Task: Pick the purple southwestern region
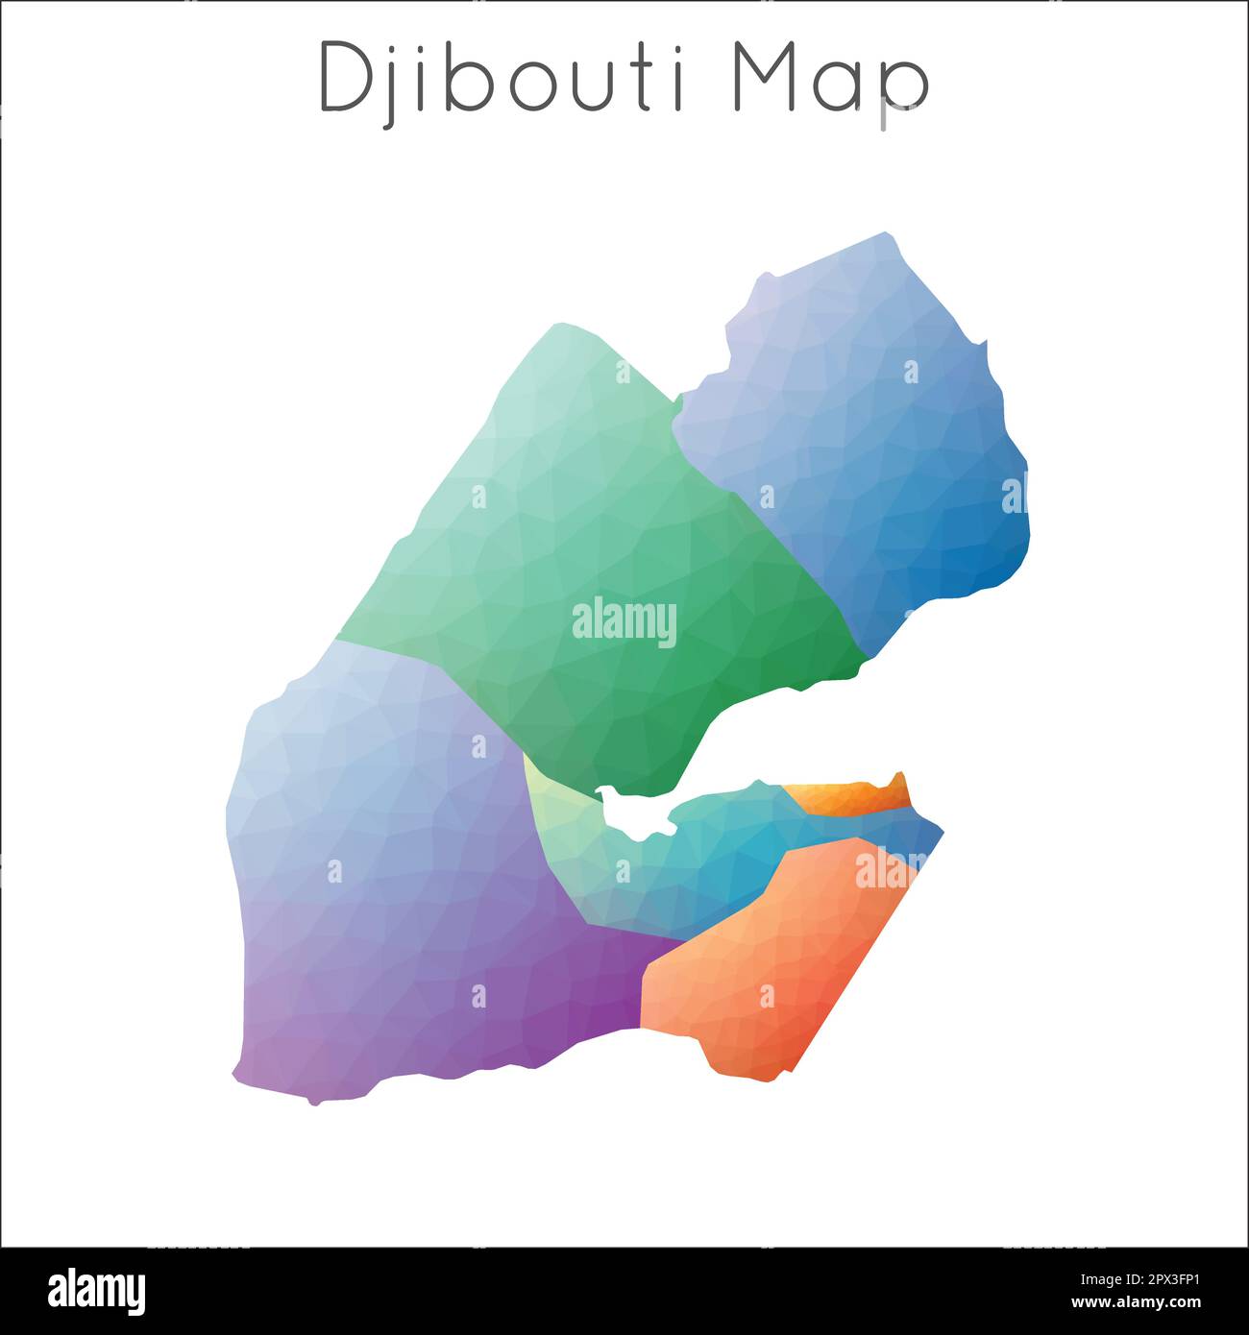(404, 884)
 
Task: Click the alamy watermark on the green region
(624, 621)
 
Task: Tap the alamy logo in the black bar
(96, 1290)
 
